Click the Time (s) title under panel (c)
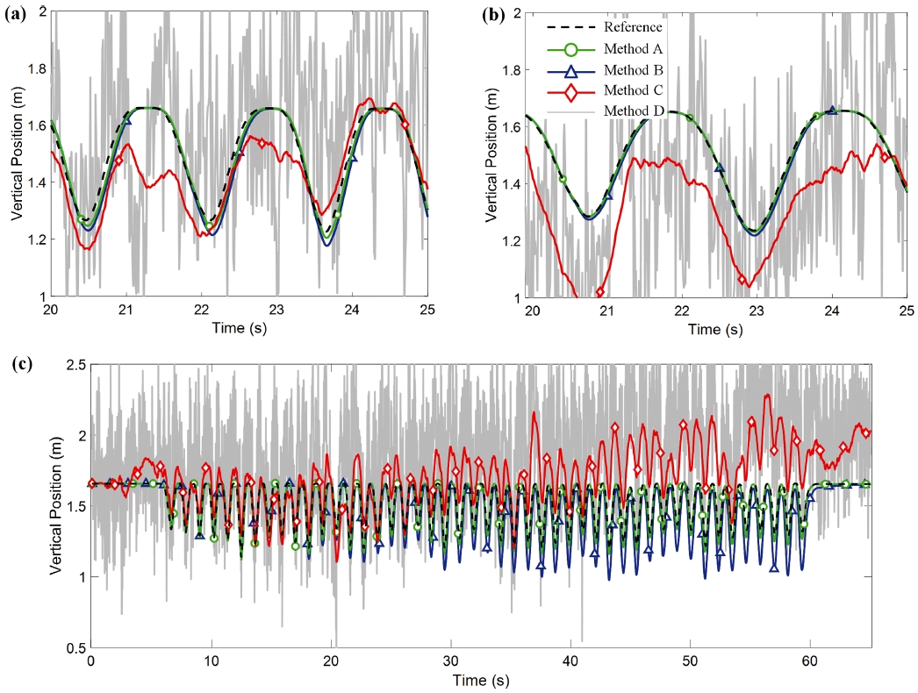click(x=479, y=680)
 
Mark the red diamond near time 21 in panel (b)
click(x=600, y=292)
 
